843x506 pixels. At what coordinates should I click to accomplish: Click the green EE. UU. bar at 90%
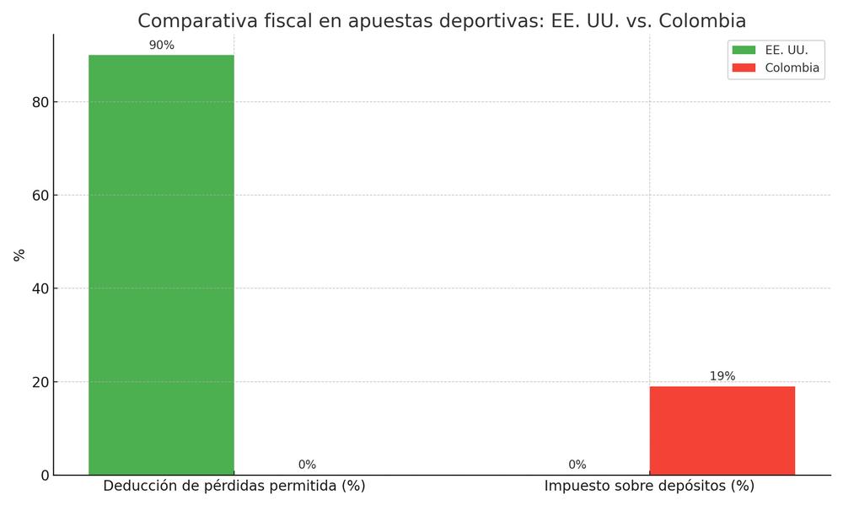point(161,265)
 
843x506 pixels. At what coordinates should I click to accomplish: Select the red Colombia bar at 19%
point(722,430)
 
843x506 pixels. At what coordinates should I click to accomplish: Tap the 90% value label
point(161,46)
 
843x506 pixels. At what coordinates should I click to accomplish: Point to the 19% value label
point(722,376)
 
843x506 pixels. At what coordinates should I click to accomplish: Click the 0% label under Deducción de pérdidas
point(307,465)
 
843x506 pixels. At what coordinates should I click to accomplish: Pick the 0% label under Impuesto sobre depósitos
point(577,465)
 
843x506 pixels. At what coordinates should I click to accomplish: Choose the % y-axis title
point(19,255)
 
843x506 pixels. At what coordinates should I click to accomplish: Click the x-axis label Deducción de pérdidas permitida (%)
point(234,487)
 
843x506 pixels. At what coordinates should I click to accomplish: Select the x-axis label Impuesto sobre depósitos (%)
point(649,487)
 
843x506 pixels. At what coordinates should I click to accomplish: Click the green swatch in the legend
point(744,50)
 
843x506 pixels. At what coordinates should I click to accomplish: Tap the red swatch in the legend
point(744,67)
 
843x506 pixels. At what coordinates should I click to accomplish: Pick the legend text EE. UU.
point(786,50)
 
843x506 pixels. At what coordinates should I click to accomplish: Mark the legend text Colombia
point(792,67)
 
